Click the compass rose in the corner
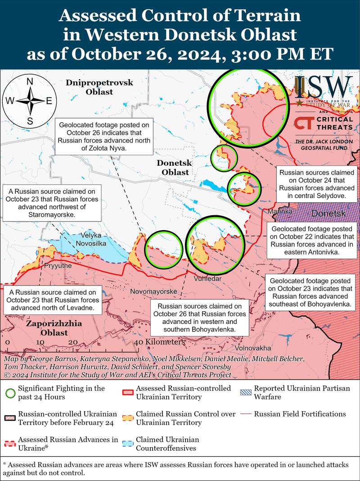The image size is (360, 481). tap(30, 101)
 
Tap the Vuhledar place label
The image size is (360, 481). tap(207, 279)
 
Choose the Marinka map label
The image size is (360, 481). tap(280, 211)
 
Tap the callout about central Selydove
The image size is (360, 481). tap(318, 185)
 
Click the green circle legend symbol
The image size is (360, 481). tap(9, 391)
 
